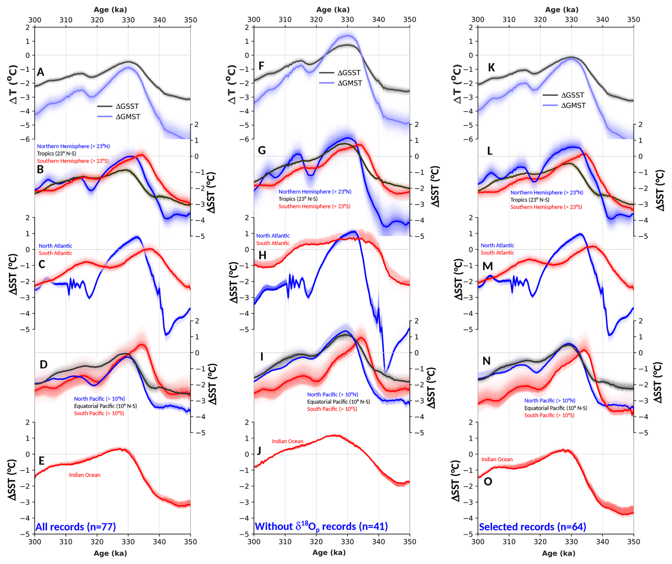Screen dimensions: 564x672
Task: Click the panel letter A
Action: point(41,72)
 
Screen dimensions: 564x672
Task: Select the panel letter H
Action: point(262,255)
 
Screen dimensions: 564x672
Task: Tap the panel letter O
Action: point(488,481)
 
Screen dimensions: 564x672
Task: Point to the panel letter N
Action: point(486,361)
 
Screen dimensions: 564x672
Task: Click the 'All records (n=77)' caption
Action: point(76,527)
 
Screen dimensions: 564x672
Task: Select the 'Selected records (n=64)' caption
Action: point(532,527)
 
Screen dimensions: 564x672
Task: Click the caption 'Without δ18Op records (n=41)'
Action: point(321,526)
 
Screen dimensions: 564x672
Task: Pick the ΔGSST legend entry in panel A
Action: point(118,106)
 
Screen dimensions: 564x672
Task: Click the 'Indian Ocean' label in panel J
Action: point(287,441)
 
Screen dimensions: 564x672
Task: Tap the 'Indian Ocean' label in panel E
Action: point(85,475)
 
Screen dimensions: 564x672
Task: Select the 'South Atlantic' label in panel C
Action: point(55,253)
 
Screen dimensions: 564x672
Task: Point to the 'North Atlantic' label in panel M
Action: point(497,245)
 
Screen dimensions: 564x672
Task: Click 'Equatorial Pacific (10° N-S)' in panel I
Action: point(338,402)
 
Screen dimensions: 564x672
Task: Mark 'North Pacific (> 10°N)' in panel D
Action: point(99,399)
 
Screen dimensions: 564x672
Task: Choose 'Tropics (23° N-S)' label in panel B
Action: point(56,153)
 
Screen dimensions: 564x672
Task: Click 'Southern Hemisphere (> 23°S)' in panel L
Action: point(546,207)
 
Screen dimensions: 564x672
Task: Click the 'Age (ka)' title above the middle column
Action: point(333,10)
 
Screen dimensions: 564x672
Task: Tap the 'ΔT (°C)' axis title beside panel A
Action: point(13,84)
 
